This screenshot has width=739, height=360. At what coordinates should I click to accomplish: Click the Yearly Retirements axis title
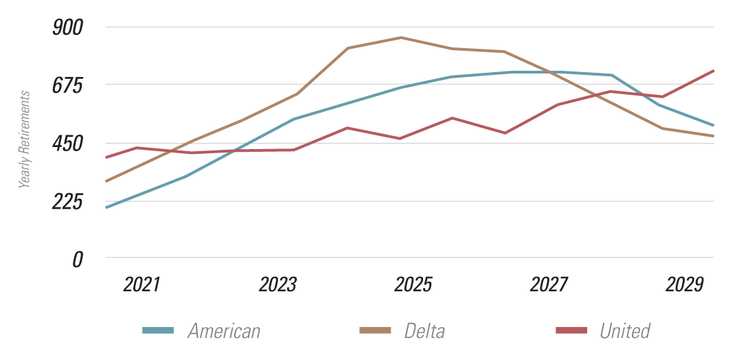coord(25,139)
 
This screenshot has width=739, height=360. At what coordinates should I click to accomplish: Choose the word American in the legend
coord(224,331)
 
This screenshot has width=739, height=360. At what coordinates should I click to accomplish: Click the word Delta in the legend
coord(424,331)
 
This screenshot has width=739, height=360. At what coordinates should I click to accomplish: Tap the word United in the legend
coord(624,331)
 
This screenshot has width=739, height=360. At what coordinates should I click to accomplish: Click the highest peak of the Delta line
coord(402,37)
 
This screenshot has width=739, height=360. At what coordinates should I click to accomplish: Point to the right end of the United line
coord(714,71)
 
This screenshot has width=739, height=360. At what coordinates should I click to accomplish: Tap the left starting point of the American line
coord(106,207)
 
